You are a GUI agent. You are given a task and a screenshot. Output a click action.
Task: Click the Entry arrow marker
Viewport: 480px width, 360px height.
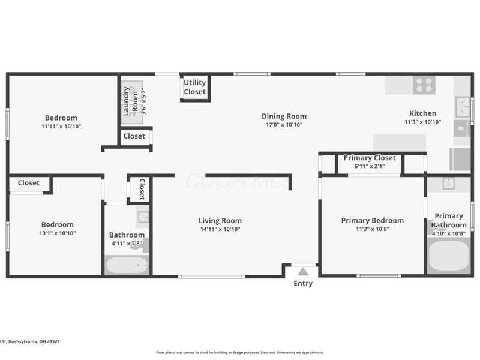[x=303, y=272]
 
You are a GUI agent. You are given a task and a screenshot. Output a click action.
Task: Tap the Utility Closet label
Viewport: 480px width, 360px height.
[x=194, y=88]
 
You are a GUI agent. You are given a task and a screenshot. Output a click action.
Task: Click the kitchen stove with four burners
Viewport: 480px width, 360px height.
[x=424, y=85]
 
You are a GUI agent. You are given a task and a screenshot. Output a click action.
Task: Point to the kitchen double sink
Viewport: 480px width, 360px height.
[x=462, y=107]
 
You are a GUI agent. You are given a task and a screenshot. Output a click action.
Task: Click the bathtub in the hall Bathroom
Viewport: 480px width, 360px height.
[x=127, y=265]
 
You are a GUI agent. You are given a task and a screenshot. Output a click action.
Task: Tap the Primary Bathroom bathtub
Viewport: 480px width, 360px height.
[x=449, y=256]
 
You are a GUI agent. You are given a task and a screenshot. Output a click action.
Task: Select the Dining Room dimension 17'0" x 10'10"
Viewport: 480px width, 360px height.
[x=284, y=125]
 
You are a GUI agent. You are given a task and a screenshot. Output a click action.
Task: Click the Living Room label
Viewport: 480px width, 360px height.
[x=221, y=221]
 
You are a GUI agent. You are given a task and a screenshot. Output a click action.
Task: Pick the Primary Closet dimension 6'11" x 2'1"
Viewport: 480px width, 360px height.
[x=369, y=166]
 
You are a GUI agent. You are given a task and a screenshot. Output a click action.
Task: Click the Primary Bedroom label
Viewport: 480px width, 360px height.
[x=372, y=220]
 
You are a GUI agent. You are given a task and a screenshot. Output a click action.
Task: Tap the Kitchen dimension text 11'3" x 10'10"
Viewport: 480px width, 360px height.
[x=422, y=122]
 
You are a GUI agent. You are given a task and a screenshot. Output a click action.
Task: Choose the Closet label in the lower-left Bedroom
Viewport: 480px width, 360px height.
[x=28, y=183]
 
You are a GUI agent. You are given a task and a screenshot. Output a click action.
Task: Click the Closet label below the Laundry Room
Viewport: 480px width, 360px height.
[x=134, y=136]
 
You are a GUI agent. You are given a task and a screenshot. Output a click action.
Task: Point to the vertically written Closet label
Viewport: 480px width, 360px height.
[x=142, y=190]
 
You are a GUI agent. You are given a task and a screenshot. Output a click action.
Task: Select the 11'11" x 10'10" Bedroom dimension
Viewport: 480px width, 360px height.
[x=61, y=127]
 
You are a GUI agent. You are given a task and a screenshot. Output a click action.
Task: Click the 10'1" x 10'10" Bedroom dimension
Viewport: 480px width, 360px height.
[x=58, y=233]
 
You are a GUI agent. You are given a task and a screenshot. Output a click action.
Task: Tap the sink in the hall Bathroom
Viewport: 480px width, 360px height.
[x=143, y=217]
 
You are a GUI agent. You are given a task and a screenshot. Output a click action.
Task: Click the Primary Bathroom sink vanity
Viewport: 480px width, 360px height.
[x=448, y=184]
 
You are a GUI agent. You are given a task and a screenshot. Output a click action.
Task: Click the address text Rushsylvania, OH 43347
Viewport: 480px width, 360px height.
[x=33, y=341]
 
